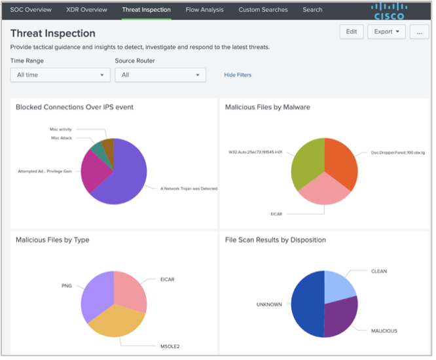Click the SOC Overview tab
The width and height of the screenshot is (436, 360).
click(30, 10)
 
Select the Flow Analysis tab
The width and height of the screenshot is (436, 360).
click(204, 10)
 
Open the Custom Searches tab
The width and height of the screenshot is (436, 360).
click(263, 10)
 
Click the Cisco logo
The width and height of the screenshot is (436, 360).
click(389, 10)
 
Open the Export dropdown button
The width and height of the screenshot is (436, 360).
click(388, 31)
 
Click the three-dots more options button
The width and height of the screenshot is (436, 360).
click(419, 31)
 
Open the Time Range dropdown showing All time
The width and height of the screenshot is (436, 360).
click(60, 75)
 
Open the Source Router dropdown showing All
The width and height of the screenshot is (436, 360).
click(160, 75)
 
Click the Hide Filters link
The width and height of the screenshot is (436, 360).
click(238, 75)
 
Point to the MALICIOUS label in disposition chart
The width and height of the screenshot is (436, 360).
click(384, 331)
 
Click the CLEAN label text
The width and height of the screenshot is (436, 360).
click(379, 271)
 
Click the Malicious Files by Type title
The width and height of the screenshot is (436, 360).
click(52, 240)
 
